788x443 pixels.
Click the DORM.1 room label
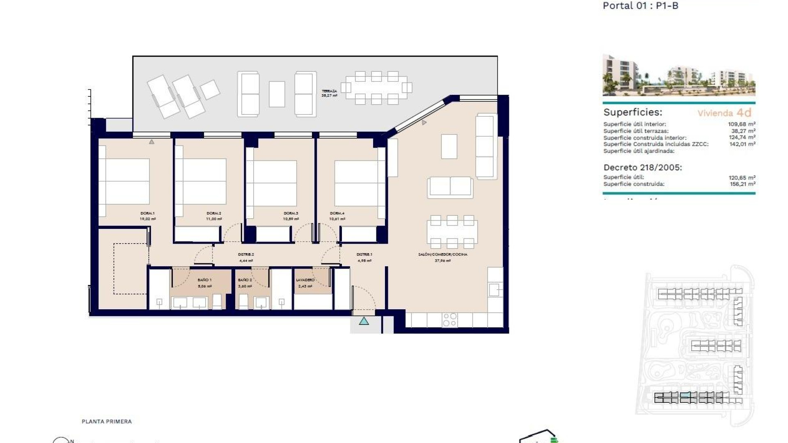pyautogui.click(x=147, y=213)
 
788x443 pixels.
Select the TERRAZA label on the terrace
pyautogui.click(x=329, y=91)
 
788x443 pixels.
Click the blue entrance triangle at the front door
pyautogui.click(x=364, y=321)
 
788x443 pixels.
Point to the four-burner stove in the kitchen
pyautogui.click(x=450, y=320)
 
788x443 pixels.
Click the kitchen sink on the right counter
pyautogui.click(x=494, y=290)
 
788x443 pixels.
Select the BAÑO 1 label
pyautogui.click(x=204, y=280)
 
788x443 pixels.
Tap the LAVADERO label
pyautogui.click(x=305, y=280)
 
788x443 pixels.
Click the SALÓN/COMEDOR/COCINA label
pyautogui.click(x=442, y=254)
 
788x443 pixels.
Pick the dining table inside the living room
pyautogui.click(x=452, y=232)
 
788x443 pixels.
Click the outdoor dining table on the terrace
pyautogui.click(x=376, y=88)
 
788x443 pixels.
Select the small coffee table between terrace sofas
pyautogui.click(x=277, y=94)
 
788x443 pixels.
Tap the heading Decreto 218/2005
pyautogui.click(x=642, y=167)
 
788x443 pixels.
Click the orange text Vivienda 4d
pyautogui.click(x=724, y=113)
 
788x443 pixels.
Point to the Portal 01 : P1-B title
pyautogui.click(x=640, y=6)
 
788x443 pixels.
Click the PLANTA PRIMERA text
pyautogui.click(x=107, y=421)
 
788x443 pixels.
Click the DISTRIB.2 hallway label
pyautogui.click(x=246, y=254)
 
